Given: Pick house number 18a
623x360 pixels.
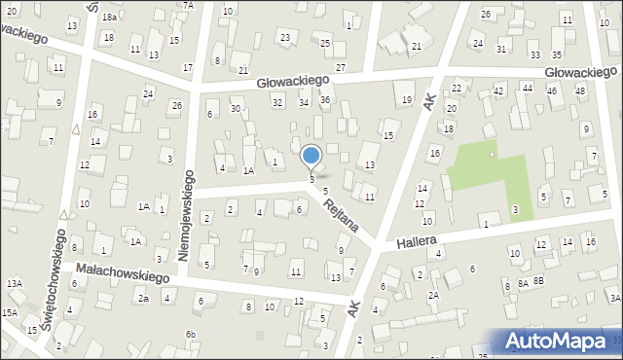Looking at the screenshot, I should (110, 18).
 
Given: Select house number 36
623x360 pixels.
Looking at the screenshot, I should (325, 100).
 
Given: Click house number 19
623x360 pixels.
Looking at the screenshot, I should (407, 100).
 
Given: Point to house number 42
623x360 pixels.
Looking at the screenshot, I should (498, 90).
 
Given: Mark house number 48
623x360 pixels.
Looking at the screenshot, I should (580, 90).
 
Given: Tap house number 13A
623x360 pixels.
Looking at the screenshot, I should (14, 283).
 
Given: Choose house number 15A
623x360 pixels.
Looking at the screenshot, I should (9, 312).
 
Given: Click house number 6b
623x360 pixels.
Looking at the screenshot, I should (192, 335).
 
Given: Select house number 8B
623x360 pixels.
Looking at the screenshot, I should (538, 280).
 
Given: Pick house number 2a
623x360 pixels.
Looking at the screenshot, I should (142, 299).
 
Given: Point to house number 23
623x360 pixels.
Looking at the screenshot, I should (285, 38).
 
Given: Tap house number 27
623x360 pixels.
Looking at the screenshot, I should (341, 67).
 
